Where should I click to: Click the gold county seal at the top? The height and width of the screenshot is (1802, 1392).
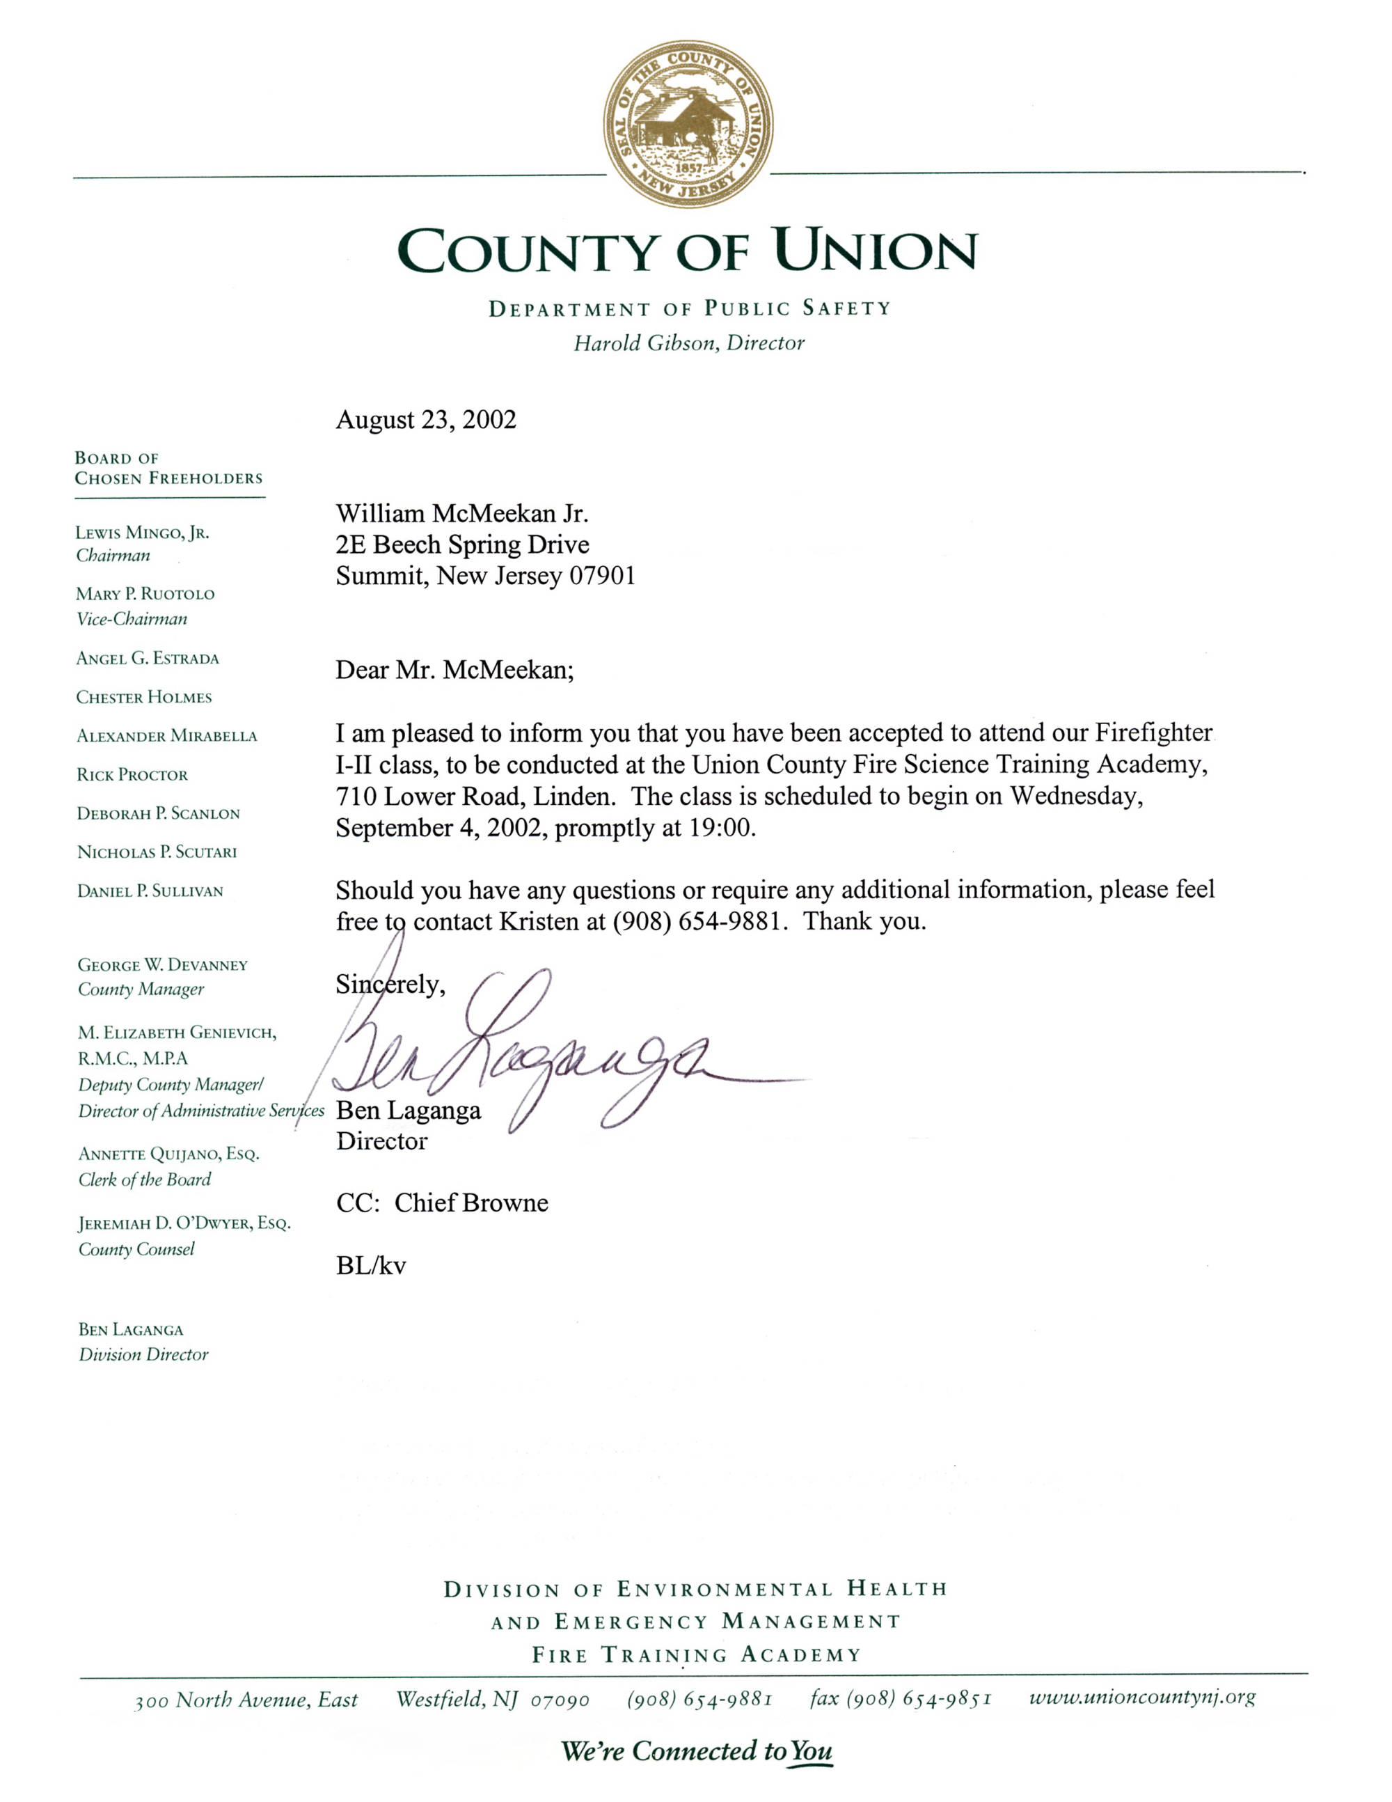[688, 124]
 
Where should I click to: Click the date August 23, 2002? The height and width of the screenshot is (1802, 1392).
[425, 420]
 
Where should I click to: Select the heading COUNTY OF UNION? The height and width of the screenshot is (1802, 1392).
[687, 251]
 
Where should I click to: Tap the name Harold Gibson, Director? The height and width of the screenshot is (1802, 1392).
[688, 343]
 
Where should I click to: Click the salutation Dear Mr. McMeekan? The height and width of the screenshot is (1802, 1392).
[454, 669]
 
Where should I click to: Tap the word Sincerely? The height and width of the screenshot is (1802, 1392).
[390, 985]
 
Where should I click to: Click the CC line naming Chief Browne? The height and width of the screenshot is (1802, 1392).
[442, 1203]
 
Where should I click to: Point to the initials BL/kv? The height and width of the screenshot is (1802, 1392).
[371, 1266]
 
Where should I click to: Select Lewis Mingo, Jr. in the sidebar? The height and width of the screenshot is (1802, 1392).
[142, 533]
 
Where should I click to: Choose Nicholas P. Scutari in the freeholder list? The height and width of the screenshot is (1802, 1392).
[157, 852]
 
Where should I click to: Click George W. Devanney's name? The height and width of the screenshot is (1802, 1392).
[162, 965]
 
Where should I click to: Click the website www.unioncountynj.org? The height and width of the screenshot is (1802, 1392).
[1142, 1698]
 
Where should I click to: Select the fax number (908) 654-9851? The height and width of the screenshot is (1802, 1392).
[901, 1698]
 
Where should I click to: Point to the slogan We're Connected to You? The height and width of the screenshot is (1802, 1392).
[696, 1751]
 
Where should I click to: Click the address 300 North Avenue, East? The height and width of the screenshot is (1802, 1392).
[246, 1700]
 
